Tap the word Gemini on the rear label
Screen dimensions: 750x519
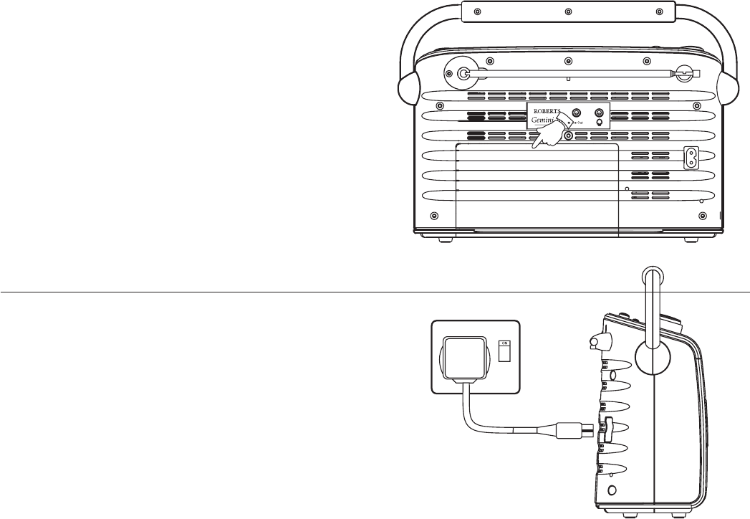pos(544,122)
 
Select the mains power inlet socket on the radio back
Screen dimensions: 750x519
pos(691,158)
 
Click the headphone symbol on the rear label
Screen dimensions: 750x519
pos(600,123)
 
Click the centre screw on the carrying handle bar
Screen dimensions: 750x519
pos(567,12)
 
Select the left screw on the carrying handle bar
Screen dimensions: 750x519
pos(477,12)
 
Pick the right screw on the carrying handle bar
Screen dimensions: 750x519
pos(658,12)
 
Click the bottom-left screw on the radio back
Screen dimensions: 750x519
pos(433,216)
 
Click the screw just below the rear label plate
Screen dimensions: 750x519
pos(568,135)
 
